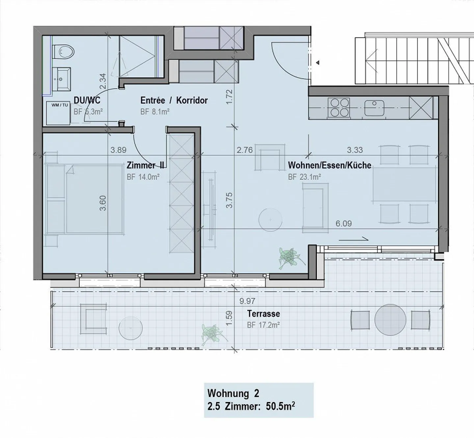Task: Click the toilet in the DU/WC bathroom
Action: [64, 52]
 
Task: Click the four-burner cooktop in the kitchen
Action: [339, 108]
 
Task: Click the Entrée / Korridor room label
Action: [174, 100]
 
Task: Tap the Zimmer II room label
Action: [145, 165]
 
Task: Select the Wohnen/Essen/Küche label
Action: [329, 165]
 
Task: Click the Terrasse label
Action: [263, 313]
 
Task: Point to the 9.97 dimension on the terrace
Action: [247, 301]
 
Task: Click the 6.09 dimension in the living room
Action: [343, 224]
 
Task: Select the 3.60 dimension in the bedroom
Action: [103, 203]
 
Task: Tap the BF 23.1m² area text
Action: [304, 177]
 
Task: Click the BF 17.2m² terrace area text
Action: [263, 325]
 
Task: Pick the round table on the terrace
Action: [390, 320]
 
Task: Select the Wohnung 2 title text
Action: [233, 393]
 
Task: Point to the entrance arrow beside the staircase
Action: [317, 62]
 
